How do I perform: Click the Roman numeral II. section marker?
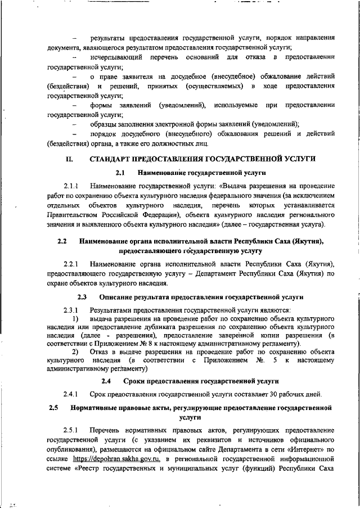(69, 159)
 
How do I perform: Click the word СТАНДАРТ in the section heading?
(112, 159)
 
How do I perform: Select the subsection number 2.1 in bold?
(120, 173)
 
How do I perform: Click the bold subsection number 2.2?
(62, 242)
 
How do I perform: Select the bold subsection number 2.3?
(82, 296)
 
